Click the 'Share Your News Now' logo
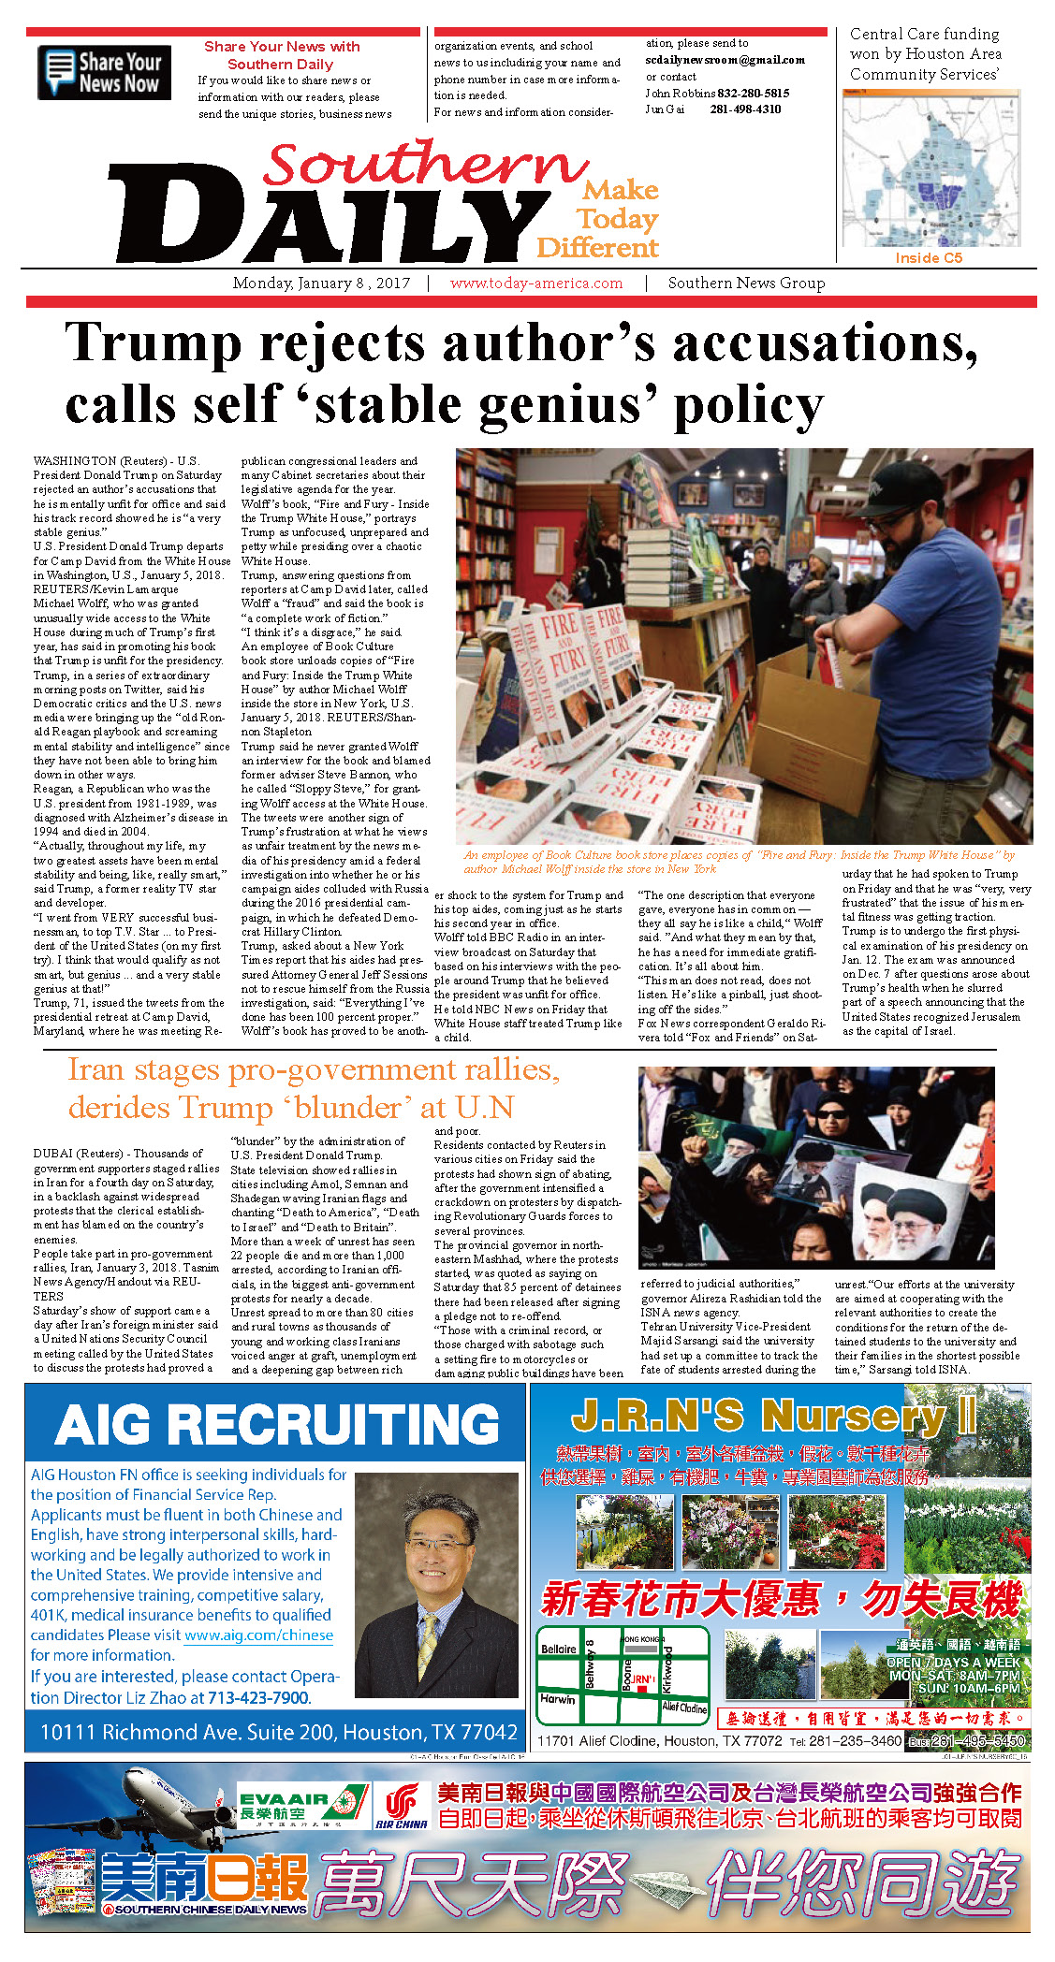coord(104,72)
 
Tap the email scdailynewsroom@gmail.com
coord(725,60)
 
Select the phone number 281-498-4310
coord(745,109)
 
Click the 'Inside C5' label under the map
coord(928,258)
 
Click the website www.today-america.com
coord(535,283)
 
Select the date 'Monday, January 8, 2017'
coord(321,283)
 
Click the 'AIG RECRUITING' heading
coord(277,1425)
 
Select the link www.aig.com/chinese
coord(258,1635)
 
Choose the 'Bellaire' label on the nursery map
coord(559,1649)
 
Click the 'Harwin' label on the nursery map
coord(557,1698)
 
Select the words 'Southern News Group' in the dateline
coord(746,283)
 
